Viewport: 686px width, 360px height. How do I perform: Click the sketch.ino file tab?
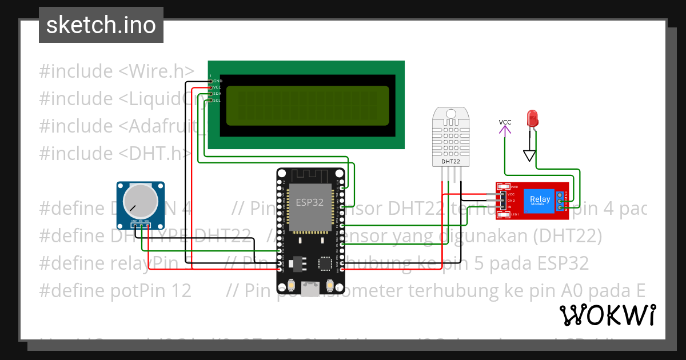coord(101,25)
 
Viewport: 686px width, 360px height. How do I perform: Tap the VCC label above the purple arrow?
coord(505,122)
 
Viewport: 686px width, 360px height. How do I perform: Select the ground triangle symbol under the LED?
coord(530,155)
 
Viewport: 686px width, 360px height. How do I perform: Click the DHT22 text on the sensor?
coord(451,162)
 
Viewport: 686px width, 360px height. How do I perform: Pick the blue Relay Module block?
coord(540,200)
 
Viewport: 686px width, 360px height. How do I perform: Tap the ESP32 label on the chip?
coord(309,202)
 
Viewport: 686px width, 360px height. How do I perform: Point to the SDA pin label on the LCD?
coord(217,94)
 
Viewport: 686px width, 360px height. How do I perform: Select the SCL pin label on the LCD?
coord(217,100)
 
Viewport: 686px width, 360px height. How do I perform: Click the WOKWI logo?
coord(607,315)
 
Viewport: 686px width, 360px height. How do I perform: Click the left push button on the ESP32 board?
coord(292,285)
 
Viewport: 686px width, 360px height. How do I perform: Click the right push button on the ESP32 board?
coord(330,285)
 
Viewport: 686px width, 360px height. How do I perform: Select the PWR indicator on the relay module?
coord(513,187)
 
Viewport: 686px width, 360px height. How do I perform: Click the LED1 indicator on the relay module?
coord(513,214)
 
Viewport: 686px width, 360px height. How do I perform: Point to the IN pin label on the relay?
coord(509,207)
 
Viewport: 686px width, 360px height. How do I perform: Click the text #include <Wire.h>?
coord(117,71)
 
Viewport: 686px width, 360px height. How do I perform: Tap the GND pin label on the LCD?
coord(217,81)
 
